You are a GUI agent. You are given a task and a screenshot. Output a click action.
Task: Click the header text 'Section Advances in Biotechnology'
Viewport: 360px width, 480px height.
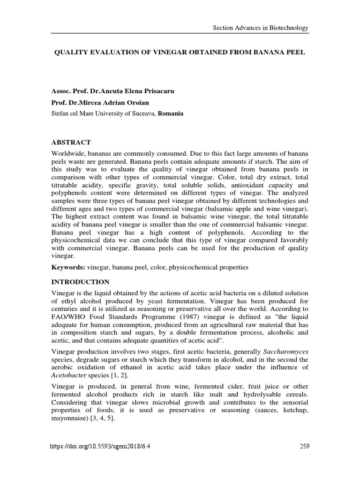coord(261,28)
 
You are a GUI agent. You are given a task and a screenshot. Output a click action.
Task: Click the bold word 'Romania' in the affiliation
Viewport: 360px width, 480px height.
coord(171,113)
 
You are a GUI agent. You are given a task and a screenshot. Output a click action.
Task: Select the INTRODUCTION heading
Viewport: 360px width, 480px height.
coord(80,282)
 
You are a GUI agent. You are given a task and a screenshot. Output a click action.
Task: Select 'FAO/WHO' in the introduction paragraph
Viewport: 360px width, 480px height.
coord(66,317)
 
